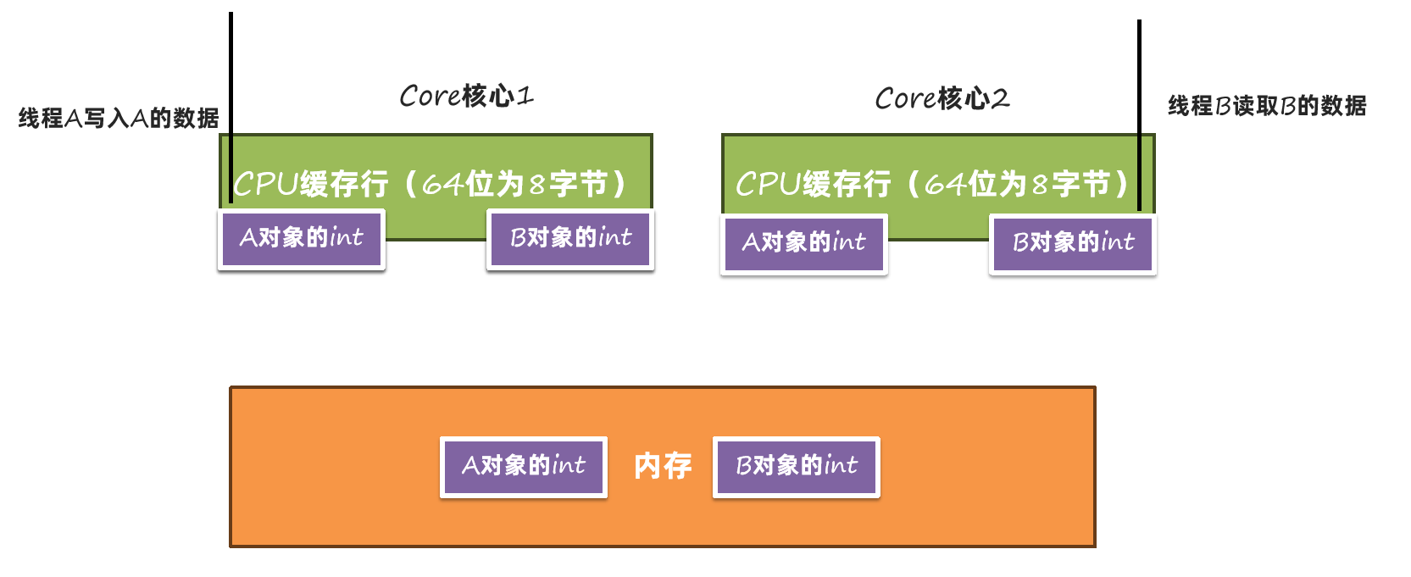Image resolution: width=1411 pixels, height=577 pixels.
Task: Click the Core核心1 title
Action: [466, 96]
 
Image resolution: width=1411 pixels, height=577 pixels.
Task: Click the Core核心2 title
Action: [942, 98]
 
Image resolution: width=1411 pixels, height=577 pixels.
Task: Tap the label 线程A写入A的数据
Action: [119, 118]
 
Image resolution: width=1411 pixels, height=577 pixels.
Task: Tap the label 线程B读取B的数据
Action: [1267, 106]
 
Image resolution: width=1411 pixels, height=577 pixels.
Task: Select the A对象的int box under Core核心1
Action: [302, 238]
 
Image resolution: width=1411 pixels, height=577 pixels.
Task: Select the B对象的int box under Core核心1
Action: [570, 238]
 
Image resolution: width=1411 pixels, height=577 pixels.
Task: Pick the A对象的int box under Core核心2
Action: [803, 243]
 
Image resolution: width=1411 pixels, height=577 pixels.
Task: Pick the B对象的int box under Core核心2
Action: [1073, 243]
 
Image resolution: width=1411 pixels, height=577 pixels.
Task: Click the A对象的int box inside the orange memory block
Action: [524, 466]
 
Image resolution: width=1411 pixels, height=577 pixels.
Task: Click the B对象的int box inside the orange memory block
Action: [797, 466]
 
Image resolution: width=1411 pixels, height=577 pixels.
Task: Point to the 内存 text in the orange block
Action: [663, 465]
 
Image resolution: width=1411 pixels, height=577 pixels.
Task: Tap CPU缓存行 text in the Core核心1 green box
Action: [310, 184]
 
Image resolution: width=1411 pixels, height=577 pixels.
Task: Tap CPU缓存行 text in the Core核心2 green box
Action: [813, 184]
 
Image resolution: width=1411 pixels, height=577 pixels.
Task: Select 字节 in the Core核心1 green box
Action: [579, 184]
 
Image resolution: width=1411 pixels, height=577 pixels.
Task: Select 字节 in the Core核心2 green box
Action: [1081, 184]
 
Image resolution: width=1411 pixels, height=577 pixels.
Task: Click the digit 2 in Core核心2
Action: [1000, 99]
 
